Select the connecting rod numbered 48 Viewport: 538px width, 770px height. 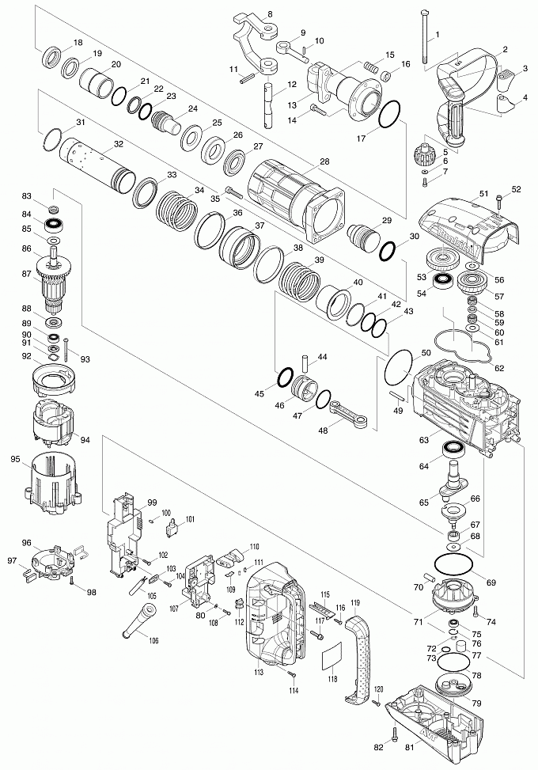(348, 412)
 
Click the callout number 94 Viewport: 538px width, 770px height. (85, 440)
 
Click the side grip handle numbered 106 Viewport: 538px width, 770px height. (138, 620)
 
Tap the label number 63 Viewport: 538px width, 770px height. (424, 438)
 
